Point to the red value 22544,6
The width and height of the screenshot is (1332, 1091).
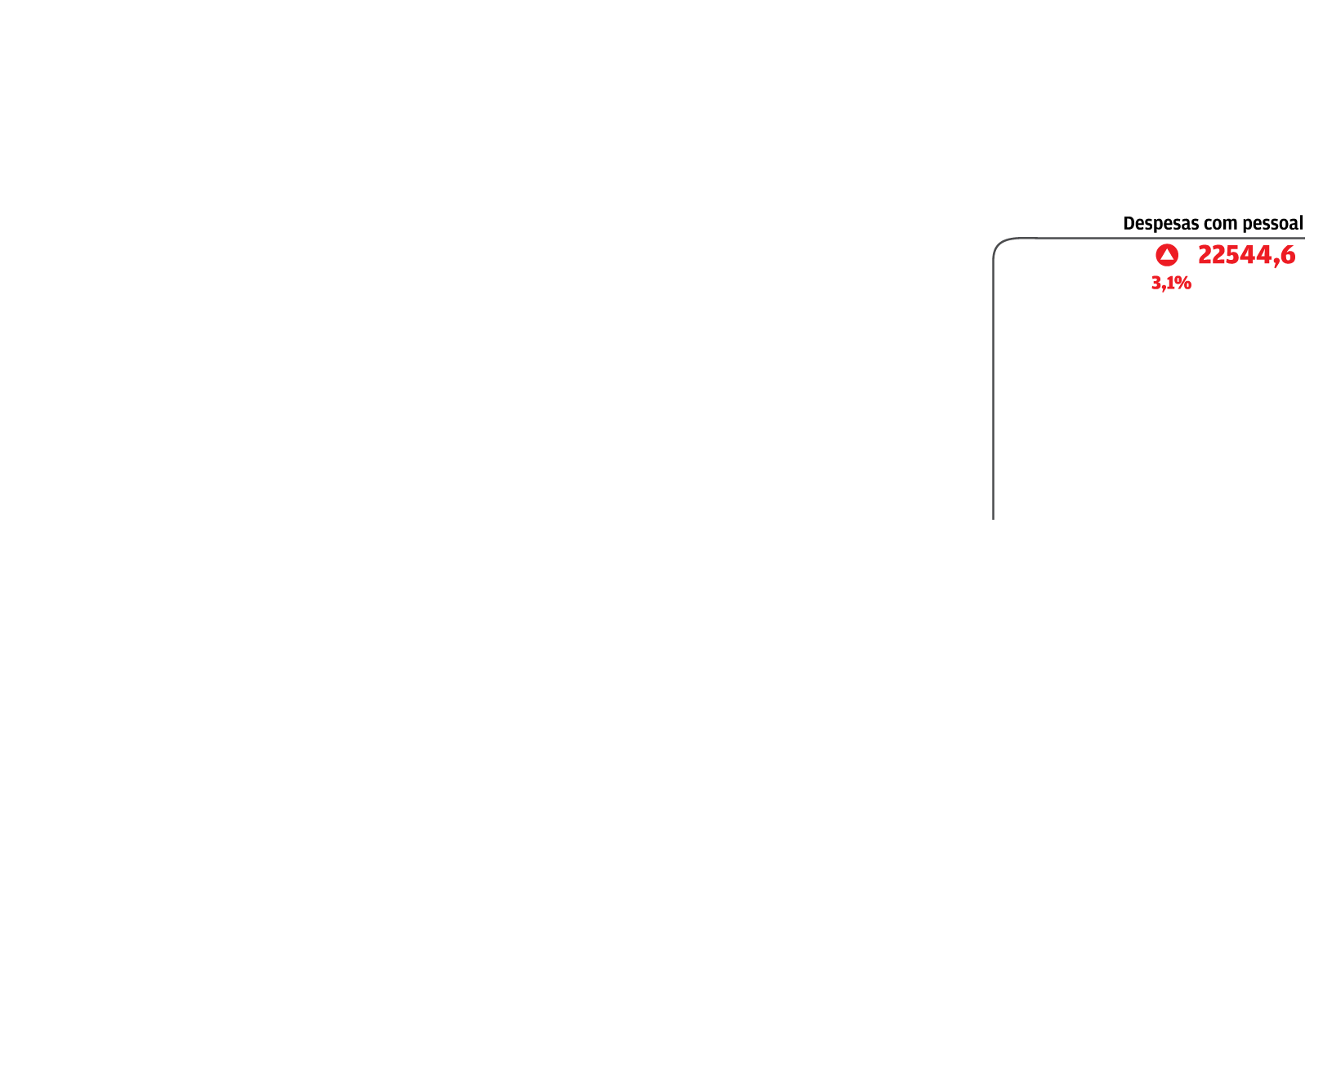pos(1247,256)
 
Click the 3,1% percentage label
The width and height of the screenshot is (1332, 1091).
pos(1171,284)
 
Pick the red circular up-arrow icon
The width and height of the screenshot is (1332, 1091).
pos(1167,256)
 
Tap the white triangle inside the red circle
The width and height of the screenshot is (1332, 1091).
pos(1167,255)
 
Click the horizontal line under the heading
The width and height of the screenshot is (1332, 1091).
pos(1169,238)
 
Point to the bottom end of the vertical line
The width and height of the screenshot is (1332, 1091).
pos(993,519)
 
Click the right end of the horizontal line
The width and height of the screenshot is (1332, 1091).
pos(1304,238)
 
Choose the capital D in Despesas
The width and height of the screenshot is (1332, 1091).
pos(1129,224)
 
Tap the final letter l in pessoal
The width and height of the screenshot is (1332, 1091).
pos(1301,223)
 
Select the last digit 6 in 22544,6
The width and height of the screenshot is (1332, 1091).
pos(1288,256)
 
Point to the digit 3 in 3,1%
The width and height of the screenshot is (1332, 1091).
pos(1156,284)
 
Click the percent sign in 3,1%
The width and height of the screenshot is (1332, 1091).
pos(1183,284)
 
